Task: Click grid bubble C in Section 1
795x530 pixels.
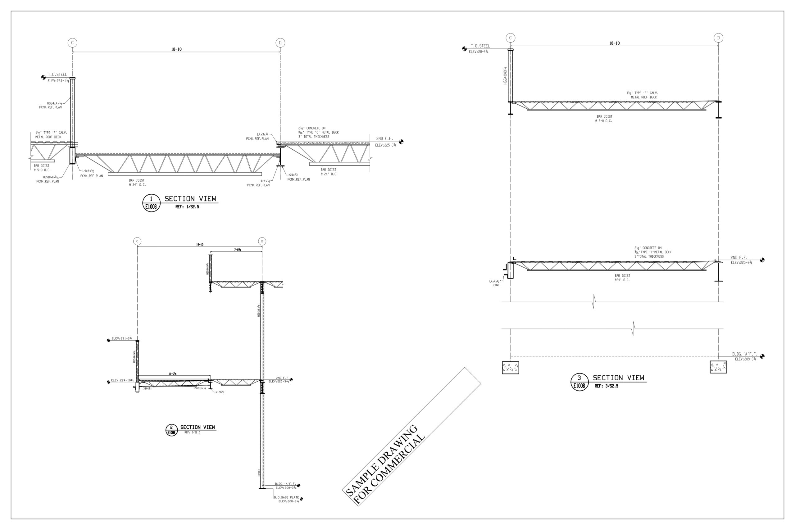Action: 72,43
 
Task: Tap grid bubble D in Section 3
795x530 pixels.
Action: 718,38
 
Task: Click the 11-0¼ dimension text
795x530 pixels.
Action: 172,374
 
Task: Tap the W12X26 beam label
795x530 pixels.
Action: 220,392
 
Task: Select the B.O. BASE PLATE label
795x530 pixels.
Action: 286,497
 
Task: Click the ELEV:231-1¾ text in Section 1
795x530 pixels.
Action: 58,81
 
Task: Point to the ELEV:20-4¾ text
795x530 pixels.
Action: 478,52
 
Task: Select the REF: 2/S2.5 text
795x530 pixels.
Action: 192,432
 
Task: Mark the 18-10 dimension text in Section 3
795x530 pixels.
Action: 614,43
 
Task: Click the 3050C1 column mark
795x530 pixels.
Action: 259,472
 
